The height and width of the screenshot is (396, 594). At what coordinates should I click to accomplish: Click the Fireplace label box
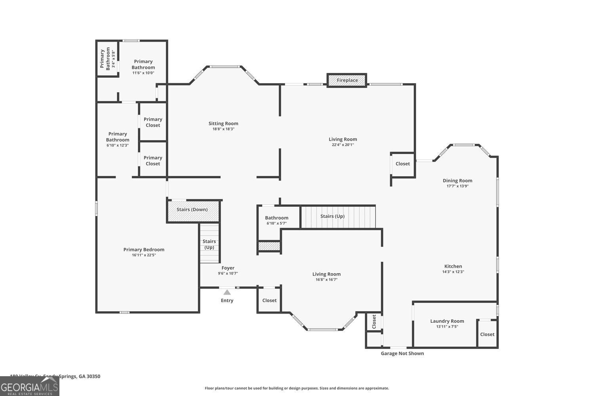pos(347,80)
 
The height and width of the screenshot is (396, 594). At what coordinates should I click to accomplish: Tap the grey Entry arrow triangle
pos(227,292)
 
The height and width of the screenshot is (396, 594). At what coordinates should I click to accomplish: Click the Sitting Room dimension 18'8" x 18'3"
pos(223,129)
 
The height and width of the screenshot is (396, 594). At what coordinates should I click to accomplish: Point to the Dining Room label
pos(457,181)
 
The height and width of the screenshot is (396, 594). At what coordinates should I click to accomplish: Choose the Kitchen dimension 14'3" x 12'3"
pos(453,272)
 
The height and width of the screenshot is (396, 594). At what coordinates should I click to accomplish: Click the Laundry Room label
pos(447,321)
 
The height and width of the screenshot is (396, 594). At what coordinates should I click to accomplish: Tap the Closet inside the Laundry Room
pos(487,334)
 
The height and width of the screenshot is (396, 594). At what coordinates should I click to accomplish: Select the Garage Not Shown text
pos(402,353)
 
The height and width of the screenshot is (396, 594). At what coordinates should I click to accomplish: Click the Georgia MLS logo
pos(29,386)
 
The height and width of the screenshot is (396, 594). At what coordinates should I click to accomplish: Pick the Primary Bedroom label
pos(144,249)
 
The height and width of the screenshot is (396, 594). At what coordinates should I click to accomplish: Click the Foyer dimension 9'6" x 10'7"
pos(228,274)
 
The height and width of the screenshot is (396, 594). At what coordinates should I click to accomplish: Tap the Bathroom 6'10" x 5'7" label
pos(276,220)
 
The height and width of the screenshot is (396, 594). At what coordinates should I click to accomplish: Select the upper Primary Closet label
pos(153,122)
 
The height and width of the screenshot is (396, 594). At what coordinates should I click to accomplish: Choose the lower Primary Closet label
pos(153,160)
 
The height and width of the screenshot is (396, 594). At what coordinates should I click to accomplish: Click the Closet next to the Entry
pos(269,300)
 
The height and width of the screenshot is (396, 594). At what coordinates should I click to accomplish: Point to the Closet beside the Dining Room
pos(403,164)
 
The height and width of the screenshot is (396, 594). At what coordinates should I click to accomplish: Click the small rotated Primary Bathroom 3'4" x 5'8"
pos(107,59)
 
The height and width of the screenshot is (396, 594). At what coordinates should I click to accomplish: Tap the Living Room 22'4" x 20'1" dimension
pos(343,145)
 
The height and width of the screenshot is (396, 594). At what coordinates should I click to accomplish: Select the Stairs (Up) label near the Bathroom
pos(332,216)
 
